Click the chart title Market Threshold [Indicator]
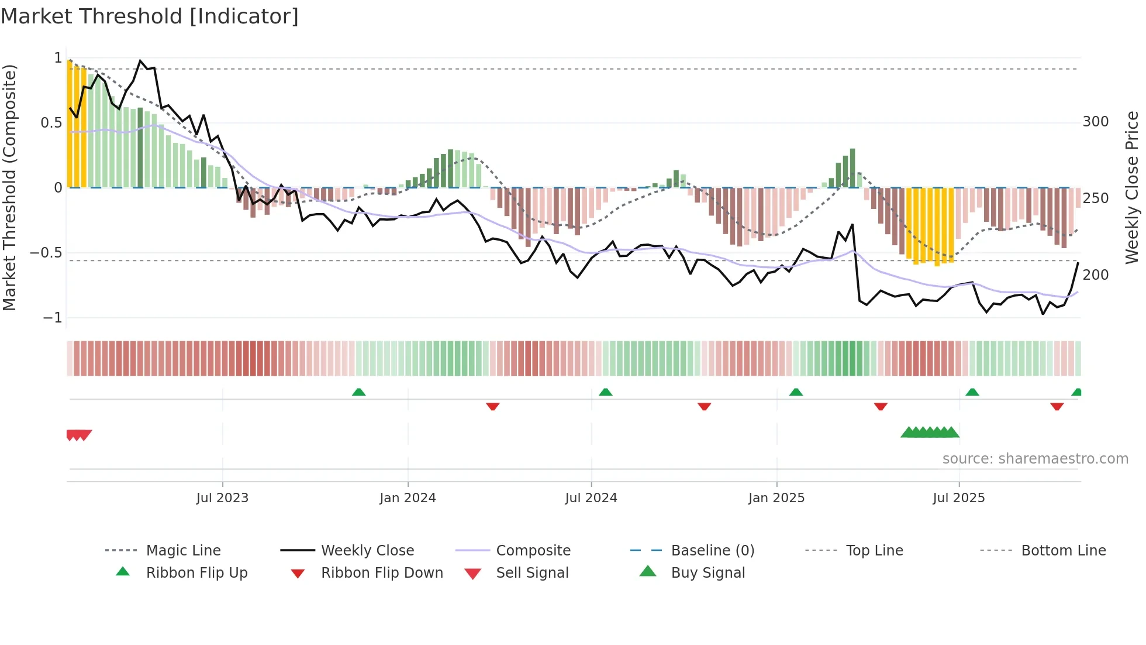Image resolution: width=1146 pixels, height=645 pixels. (x=150, y=16)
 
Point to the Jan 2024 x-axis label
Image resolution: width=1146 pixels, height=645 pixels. (x=408, y=498)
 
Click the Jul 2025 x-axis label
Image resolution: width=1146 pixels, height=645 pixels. (x=958, y=498)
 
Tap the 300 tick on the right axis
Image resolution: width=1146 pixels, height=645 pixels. (x=1095, y=122)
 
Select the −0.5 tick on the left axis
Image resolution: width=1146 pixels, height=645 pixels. (x=46, y=253)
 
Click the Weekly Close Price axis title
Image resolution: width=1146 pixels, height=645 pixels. (x=1132, y=187)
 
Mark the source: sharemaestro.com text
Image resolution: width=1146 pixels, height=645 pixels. (x=1035, y=459)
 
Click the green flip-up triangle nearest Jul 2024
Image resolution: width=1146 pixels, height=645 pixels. (x=606, y=392)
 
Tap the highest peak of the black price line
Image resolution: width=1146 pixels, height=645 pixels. (x=140, y=60)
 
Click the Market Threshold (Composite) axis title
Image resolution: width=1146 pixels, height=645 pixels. (x=9, y=187)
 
